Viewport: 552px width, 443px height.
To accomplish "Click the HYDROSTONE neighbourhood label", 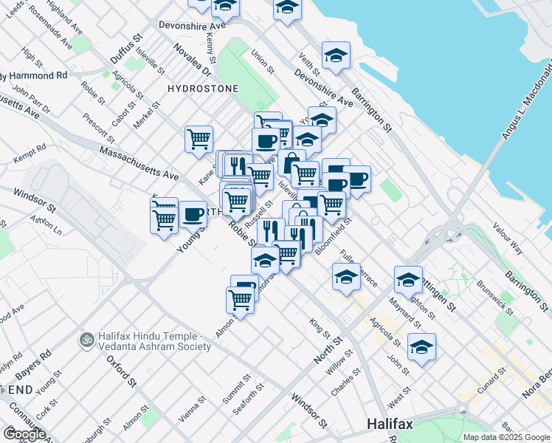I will coord(204,89).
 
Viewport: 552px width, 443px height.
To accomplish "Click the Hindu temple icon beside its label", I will coord(86,340).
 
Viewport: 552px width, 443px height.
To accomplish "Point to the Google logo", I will coord(24,433).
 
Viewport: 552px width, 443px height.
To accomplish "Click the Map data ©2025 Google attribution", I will coord(506,437).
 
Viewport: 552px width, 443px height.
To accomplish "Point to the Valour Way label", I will coord(508,238).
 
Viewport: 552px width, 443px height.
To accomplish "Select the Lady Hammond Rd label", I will coord(34,75).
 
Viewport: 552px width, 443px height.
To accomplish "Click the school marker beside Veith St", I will coord(336,55).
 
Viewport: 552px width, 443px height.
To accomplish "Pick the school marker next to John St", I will coord(421,346).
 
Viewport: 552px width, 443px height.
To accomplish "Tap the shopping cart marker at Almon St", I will coord(241,299).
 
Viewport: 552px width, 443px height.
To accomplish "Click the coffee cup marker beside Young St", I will coord(193,214).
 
